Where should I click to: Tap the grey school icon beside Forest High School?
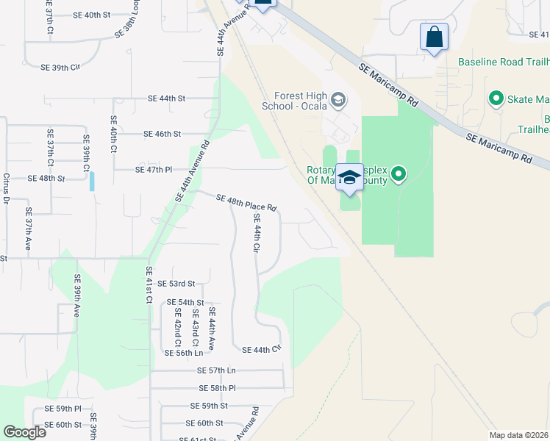coord(338,98)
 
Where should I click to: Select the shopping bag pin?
coord(434,37)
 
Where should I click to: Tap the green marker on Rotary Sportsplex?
coord(399,174)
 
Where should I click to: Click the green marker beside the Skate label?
coord(496,98)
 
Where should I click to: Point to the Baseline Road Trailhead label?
coord(503,62)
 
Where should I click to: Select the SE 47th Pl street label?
coord(154,170)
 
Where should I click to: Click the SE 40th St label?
coord(92,15)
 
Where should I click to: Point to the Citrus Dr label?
coord(6,189)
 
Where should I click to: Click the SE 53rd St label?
coord(176,283)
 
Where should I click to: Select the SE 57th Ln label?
coord(217,370)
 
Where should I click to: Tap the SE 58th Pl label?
coord(217,387)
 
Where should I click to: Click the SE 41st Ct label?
coord(149,290)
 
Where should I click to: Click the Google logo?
coord(25,432)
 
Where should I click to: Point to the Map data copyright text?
coord(518,435)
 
